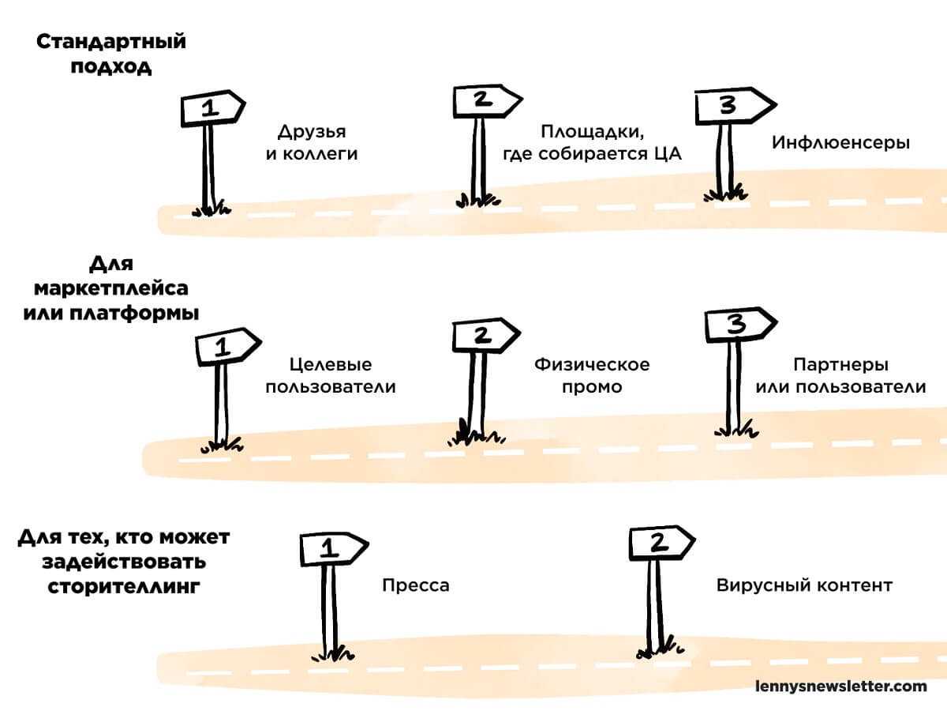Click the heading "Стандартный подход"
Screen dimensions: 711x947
(111, 53)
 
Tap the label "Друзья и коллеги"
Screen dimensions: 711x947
(311, 143)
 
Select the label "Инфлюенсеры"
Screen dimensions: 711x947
(841, 143)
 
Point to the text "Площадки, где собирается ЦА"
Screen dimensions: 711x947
(592, 143)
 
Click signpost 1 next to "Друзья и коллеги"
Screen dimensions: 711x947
(211, 109)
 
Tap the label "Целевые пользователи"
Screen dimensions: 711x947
(330, 376)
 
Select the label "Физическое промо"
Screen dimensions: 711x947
(592, 376)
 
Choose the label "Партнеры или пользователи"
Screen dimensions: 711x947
(840, 376)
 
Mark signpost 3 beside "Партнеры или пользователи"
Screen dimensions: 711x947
(736, 325)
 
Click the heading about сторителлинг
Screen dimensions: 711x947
(123, 562)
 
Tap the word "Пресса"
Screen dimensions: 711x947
(416, 585)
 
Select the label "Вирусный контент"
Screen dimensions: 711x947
(804, 585)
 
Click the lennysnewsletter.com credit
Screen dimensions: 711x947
(841, 686)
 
